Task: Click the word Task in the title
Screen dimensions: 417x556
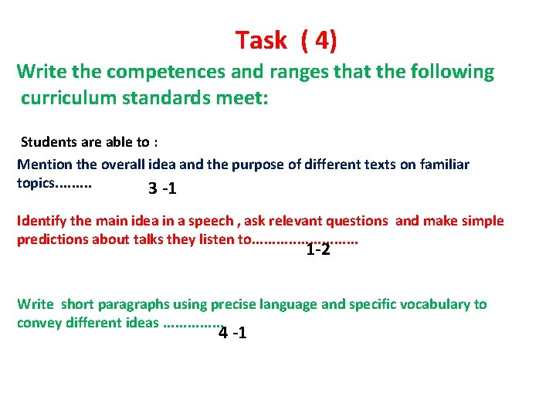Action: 261,40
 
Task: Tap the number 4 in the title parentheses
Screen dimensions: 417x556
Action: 320,40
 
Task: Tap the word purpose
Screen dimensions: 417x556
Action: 244,164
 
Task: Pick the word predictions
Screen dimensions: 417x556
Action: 52,239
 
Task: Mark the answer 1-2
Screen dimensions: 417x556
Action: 318,249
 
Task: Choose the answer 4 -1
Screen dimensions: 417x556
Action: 233,334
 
